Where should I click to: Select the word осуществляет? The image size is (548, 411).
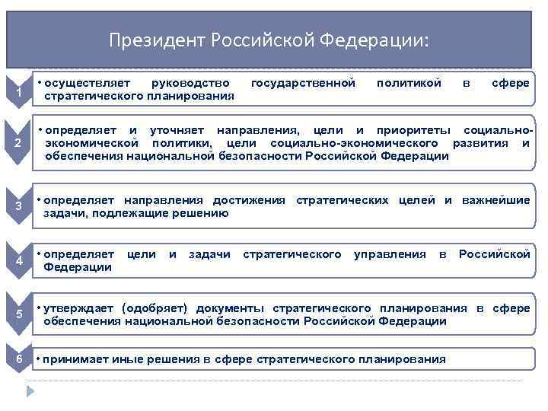tap(87, 82)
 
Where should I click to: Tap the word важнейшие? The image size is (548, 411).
tap(498, 200)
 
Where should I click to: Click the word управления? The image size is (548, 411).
tap(390, 253)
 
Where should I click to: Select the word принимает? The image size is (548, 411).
tap(78, 358)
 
